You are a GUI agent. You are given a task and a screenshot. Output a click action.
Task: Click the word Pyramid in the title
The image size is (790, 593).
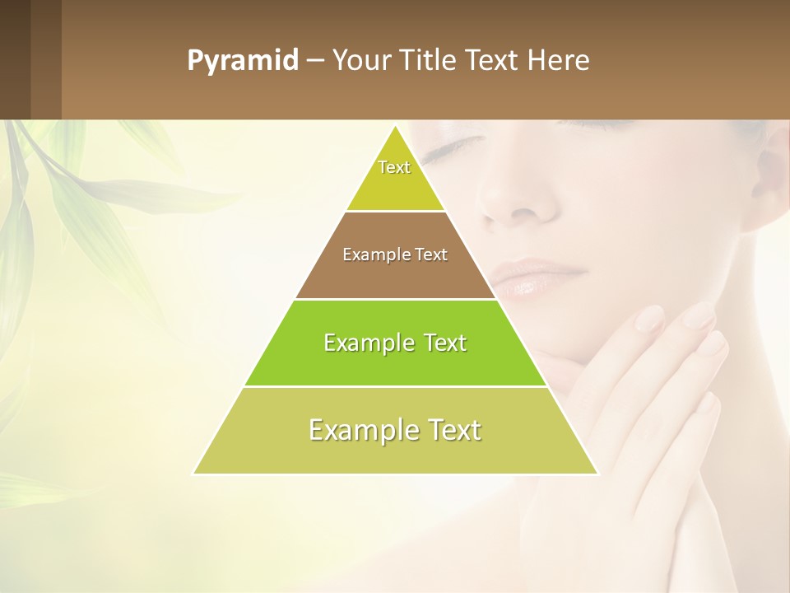[242, 61]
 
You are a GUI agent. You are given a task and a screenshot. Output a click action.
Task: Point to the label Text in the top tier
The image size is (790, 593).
[394, 167]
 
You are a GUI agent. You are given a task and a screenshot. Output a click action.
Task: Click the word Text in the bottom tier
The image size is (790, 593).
[453, 430]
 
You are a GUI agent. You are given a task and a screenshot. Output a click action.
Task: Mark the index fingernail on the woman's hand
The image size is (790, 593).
[650, 317]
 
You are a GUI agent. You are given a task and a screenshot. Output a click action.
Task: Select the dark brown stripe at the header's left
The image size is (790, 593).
[15, 59]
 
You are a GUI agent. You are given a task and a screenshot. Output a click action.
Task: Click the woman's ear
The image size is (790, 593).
[774, 173]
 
